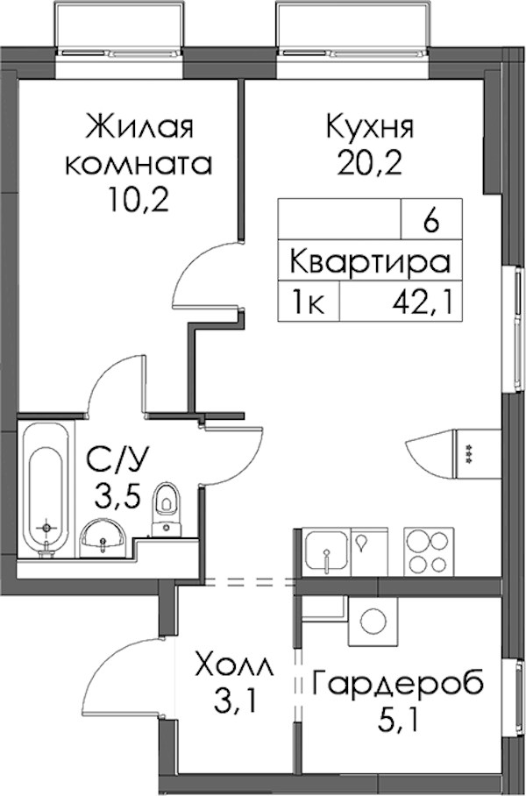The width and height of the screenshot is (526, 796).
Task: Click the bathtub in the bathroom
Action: (x=46, y=489)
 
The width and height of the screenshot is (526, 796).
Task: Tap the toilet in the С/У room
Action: (x=165, y=508)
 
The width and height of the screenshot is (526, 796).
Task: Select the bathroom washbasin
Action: (x=103, y=539)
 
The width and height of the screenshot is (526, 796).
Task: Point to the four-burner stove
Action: (x=429, y=552)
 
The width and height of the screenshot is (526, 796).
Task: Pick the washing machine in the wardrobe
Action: (x=373, y=621)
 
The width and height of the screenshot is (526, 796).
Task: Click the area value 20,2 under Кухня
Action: (x=370, y=162)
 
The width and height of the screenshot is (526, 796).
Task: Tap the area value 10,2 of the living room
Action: (x=137, y=200)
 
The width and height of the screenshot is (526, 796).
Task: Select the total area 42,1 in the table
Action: (x=422, y=303)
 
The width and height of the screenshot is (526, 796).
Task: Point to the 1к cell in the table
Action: (x=308, y=303)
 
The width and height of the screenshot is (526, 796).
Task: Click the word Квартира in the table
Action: (x=370, y=262)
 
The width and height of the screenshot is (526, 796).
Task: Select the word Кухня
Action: (x=370, y=126)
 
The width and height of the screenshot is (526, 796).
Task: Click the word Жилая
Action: (x=139, y=126)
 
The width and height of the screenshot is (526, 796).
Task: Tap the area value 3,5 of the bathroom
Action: (x=117, y=496)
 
